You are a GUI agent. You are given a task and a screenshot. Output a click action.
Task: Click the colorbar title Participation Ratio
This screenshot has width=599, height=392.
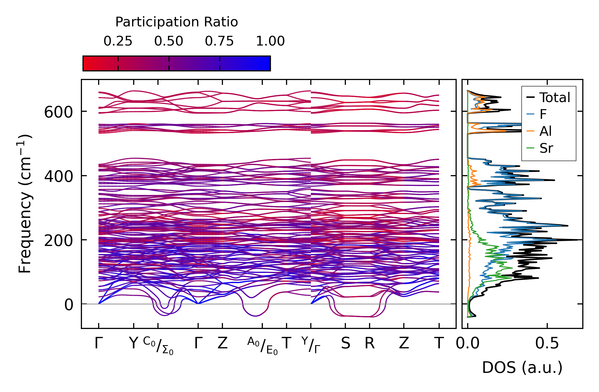[x=177, y=22]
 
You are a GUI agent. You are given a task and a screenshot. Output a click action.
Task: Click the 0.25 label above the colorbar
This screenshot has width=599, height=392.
[x=118, y=41]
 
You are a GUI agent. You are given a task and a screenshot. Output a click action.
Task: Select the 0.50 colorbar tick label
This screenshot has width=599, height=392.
[x=169, y=41]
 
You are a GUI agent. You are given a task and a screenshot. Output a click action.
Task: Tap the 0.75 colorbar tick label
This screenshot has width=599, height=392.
[x=219, y=41]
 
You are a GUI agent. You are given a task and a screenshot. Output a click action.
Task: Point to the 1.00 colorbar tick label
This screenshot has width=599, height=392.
[x=270, y=41]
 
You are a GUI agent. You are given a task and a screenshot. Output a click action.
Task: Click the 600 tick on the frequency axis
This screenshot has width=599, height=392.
[x=58, y=112]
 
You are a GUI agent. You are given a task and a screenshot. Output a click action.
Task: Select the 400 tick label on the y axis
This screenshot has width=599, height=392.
[x=58, y=176]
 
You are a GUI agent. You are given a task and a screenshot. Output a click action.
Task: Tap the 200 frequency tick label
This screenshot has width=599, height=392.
[x=58, y=240]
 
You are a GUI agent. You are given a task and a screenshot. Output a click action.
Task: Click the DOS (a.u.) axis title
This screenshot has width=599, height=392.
[x=522, y=367]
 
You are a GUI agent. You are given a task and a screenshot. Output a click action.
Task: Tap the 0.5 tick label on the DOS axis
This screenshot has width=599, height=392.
[x=547, y=344]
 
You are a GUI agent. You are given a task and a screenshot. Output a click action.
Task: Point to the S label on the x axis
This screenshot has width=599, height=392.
[x=346, y=344]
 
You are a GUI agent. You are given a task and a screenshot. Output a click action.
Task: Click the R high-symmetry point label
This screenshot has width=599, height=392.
[x=370, y=344]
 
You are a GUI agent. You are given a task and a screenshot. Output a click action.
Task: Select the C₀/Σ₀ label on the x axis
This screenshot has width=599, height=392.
[x=158, y=345]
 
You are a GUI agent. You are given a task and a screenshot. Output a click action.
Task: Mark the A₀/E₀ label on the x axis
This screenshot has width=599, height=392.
[x=262, y=346]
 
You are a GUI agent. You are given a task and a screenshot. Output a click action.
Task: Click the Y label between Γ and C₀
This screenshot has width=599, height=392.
[x=133, y=344]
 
